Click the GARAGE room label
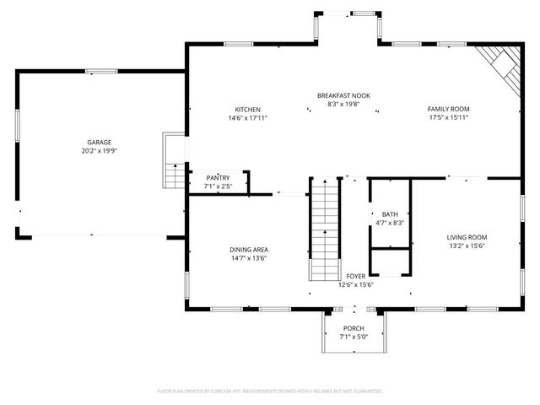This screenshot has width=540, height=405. point(99,142)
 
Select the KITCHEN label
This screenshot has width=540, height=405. point(247,109)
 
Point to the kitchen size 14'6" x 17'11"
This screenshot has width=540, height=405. point(247,118)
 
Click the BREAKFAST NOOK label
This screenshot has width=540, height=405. point(343,95)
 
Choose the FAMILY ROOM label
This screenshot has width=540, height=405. point(448,109)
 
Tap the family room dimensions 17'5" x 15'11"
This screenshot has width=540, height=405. point(448,118)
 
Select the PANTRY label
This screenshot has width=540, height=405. point(218,177)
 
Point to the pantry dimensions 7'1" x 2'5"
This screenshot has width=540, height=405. point(218,186)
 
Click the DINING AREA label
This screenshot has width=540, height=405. point(249,249)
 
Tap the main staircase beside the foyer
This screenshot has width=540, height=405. point(324,228)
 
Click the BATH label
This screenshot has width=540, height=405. point(389,213)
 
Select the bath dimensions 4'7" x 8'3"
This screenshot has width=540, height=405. point(389,223)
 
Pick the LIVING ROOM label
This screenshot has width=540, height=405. point(467,237)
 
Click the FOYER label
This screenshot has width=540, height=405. point(355,276)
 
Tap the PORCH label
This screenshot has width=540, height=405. point(353,328)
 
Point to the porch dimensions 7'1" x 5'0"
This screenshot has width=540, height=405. point(353,337)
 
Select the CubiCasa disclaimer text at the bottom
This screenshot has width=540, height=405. point(270,391)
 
